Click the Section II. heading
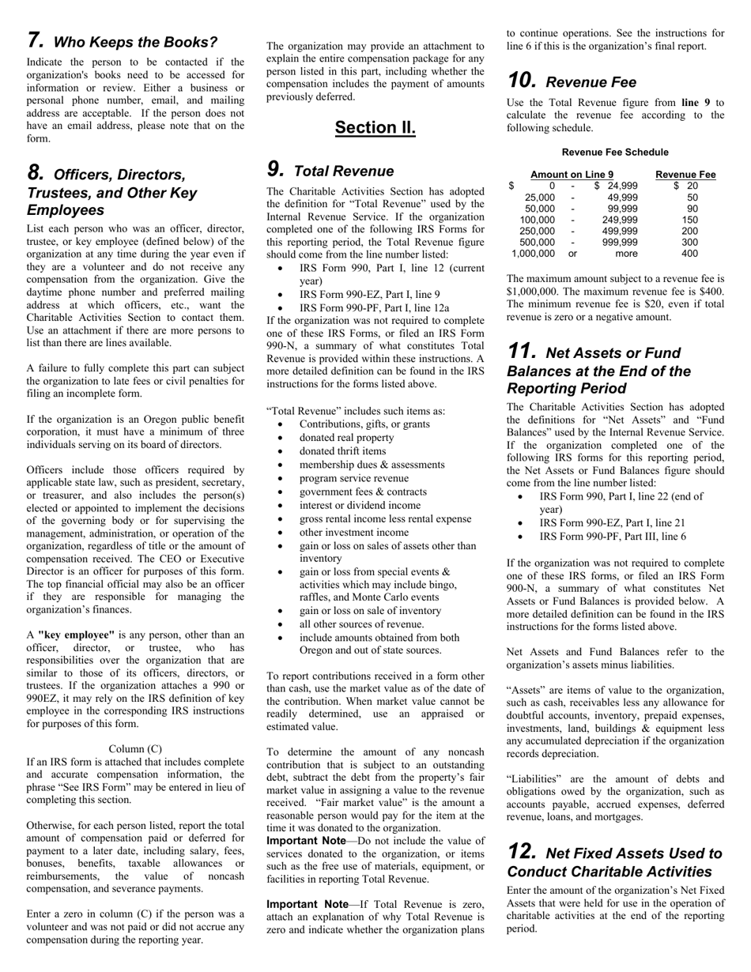pos(375,127)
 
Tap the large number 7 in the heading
pos(35,40)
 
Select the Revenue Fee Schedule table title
pos(615,152)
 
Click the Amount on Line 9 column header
pos(572,175)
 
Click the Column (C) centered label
pos(135,748)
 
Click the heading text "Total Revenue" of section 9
pos(343,171)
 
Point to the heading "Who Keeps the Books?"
pos(135,42)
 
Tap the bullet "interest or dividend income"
pos(360,505)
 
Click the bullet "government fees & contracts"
pos(362,492)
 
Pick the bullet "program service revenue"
pos(353,478)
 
